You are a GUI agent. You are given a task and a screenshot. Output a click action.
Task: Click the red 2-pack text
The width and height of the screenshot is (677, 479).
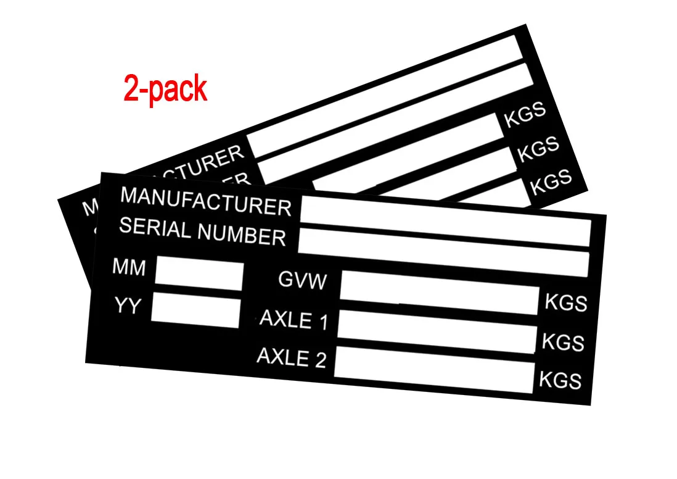point(165,88)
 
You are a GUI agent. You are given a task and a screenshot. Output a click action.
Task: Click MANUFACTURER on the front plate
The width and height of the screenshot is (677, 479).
point(205,201)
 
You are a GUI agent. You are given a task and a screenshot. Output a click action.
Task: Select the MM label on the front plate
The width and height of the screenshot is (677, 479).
point(129,268)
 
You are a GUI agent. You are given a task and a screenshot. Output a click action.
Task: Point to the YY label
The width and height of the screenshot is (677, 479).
point(128,305)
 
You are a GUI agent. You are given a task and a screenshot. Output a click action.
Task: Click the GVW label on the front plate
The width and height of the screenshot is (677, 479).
point(302,281)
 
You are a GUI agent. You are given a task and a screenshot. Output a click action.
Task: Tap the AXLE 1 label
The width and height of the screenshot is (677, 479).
point(293,320)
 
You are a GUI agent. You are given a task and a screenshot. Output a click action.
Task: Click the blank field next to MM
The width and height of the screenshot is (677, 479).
point(199,275)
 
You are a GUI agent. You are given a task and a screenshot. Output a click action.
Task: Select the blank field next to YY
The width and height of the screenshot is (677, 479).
point(195,310)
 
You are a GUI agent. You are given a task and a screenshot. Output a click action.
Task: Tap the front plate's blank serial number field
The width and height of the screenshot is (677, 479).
point(443,252)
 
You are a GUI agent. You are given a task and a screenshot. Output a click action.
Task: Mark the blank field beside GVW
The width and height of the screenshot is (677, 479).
point(439,293)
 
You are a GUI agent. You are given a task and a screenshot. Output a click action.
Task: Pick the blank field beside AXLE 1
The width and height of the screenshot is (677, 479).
point(437,331)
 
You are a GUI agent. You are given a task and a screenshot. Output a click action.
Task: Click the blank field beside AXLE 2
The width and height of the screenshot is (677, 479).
point(433,369)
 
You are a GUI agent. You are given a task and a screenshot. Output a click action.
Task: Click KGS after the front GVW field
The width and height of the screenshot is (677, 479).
point(565,302)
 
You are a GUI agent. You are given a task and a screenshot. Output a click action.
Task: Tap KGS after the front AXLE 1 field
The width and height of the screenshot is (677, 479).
point(563,341)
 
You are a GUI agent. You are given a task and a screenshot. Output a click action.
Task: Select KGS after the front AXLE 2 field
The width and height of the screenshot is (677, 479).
point(560,380)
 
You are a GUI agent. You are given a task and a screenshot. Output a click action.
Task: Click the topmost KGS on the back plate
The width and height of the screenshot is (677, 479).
point(525,115)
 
